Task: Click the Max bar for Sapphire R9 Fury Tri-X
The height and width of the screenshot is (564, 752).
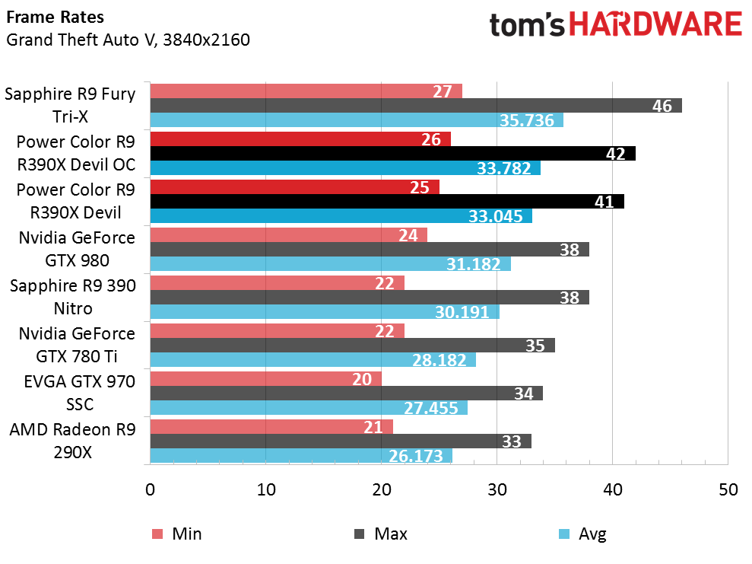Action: pos(415,106)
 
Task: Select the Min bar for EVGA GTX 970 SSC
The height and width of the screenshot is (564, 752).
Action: pos(265,379)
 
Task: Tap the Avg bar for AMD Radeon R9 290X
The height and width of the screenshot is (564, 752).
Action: pos(301,455)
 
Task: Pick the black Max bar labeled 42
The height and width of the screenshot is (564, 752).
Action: pos(392,154)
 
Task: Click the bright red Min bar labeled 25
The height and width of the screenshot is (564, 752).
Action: pos(294,186)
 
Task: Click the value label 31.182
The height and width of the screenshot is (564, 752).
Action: pos(474,264)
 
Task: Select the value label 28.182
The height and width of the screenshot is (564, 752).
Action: pos(440,360)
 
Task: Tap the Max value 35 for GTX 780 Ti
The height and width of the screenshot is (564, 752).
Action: pos(535,346)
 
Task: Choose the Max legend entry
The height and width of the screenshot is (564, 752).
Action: pos(381,534)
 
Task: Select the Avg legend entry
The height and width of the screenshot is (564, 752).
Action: pos(582,534)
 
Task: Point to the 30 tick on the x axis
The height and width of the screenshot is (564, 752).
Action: pos(497,490)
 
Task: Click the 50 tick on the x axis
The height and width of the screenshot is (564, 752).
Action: pos(728,490)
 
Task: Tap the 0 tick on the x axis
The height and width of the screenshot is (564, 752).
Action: pos(150,490)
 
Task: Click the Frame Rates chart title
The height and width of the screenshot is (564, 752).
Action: pos(56,17)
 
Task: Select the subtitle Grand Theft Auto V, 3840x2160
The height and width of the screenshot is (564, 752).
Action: pos(128,39)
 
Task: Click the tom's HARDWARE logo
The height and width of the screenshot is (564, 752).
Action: pos(615,26)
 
